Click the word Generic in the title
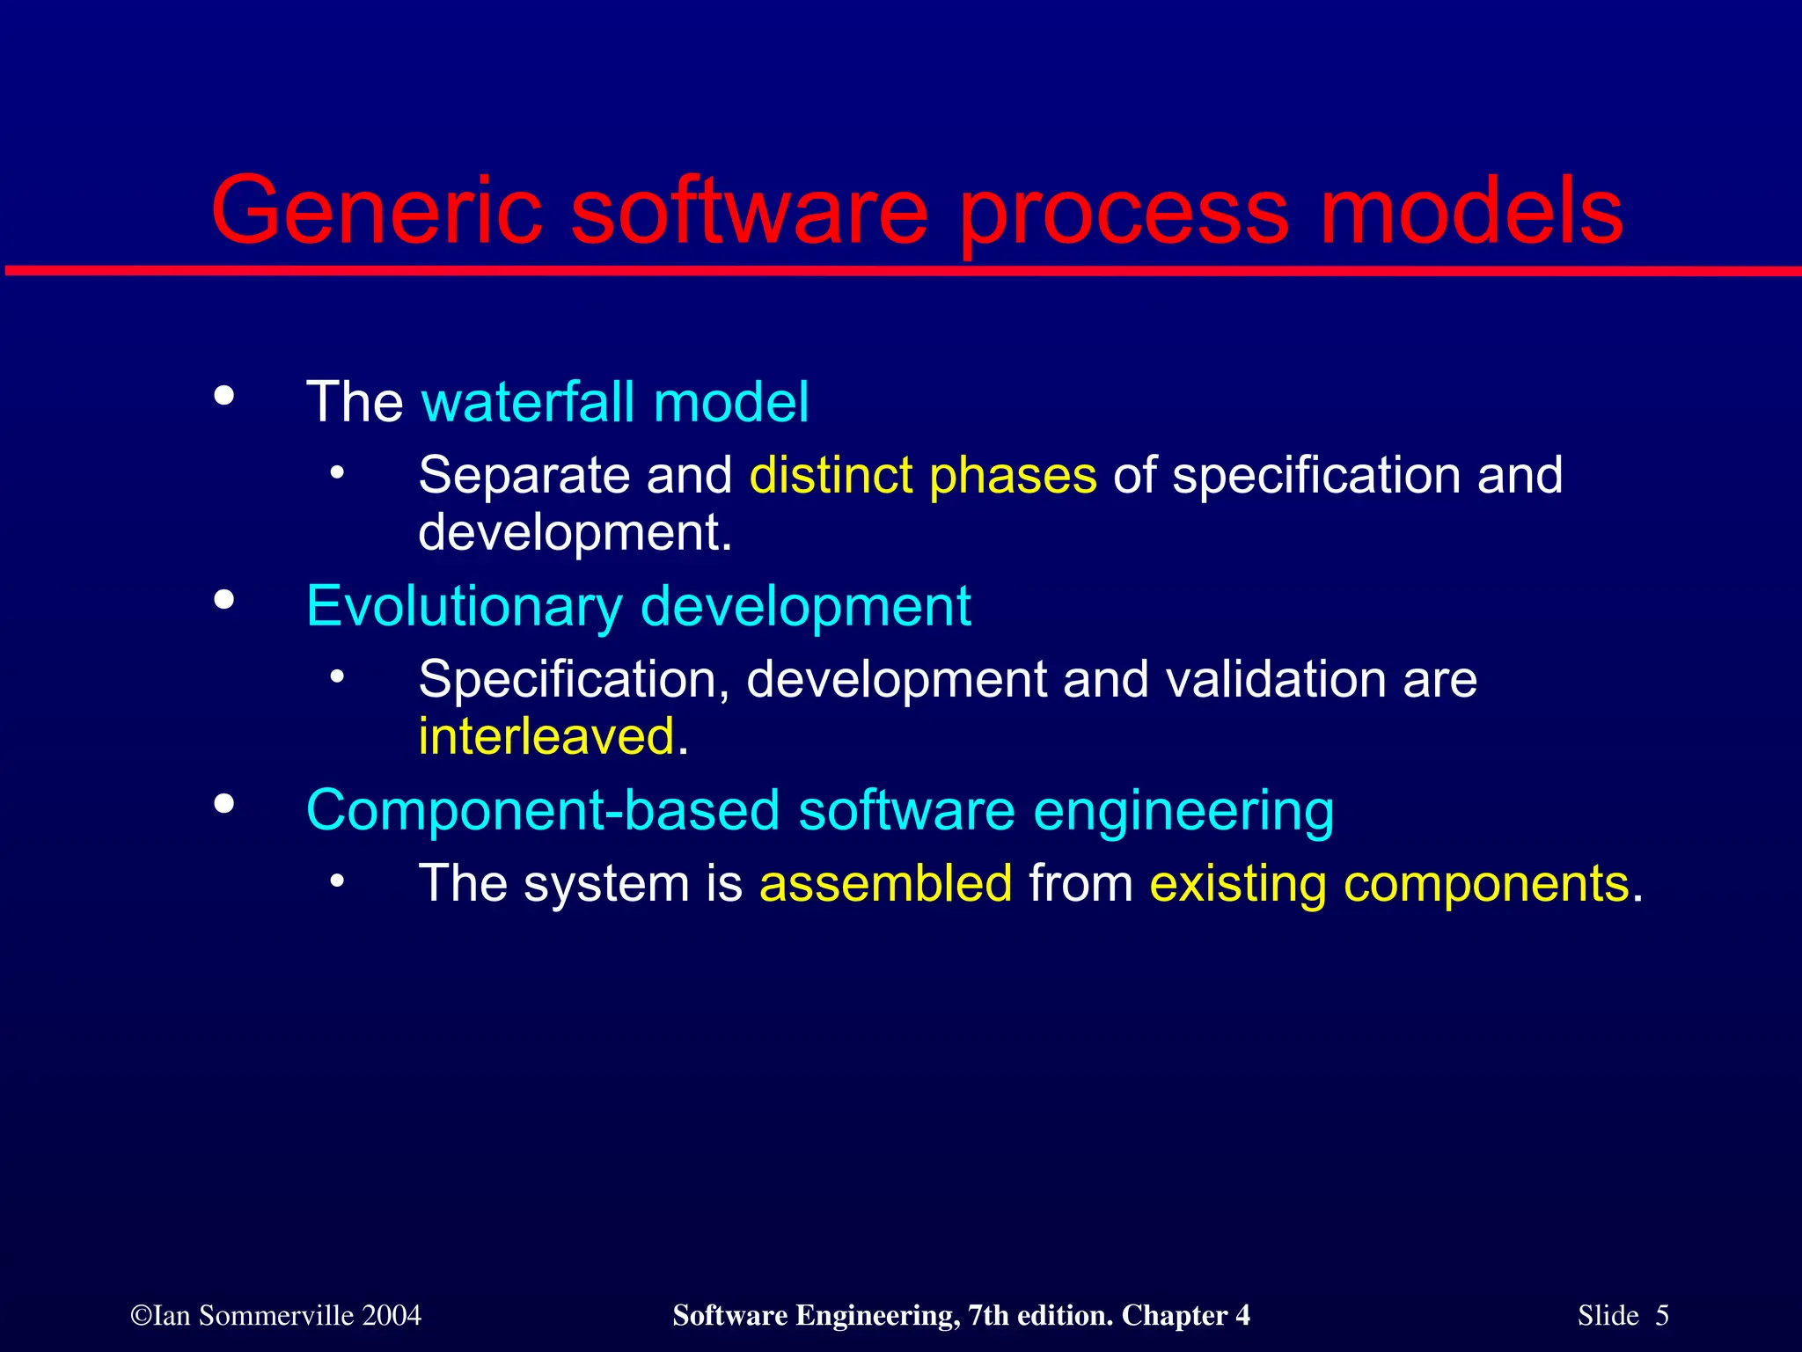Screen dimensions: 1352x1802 (x=377, y=212)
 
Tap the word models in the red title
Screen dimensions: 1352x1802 (x=1471, y=212)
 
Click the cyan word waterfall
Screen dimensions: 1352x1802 (x=528, y=402)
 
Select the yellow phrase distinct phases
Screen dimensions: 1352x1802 (x=923, y=476)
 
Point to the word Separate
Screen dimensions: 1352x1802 (x=524, y=476)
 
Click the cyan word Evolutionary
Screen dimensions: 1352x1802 (x=464, y=607)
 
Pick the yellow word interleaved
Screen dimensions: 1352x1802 (x=546, y=736)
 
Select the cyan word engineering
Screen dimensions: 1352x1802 (x=1183, y=810)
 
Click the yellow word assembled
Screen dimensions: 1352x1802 (x=885, y=883)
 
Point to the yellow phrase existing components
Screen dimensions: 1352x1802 (x=1389, y=883)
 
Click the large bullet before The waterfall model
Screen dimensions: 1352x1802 (x=224, y=396)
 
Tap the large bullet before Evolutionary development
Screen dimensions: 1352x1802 (x=224, y=600)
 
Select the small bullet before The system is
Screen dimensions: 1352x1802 (x=337, y=881)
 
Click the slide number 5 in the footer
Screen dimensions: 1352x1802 (x=1661, y=1316)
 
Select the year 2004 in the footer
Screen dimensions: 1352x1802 (x=392, y=1316)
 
